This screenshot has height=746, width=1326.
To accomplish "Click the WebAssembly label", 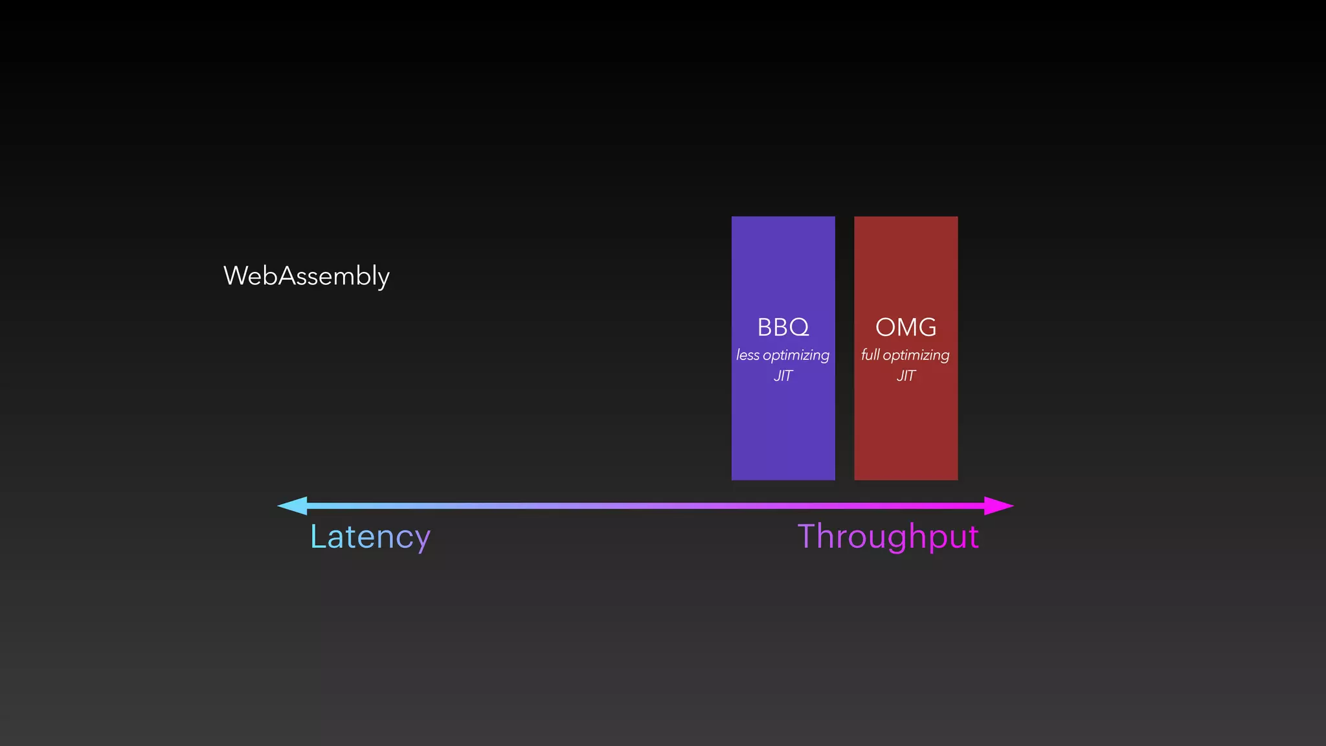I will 306,277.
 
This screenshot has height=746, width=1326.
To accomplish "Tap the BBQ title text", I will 783,328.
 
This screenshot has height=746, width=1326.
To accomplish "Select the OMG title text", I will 906,328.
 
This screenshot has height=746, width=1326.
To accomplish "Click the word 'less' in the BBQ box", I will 748,356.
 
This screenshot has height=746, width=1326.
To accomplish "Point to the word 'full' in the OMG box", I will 870,356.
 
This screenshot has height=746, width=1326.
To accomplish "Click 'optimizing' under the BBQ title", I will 796,356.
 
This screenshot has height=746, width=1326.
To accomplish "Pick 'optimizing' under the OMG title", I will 916,356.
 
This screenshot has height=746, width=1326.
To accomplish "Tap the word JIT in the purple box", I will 783,376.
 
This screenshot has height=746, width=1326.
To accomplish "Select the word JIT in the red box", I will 906,376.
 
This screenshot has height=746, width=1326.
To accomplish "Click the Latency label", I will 370,537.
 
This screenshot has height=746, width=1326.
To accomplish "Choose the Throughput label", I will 888,537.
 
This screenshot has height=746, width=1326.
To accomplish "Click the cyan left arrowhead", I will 293,506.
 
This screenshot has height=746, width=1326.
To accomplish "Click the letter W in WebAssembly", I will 236,276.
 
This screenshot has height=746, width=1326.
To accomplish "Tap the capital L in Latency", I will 318,536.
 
